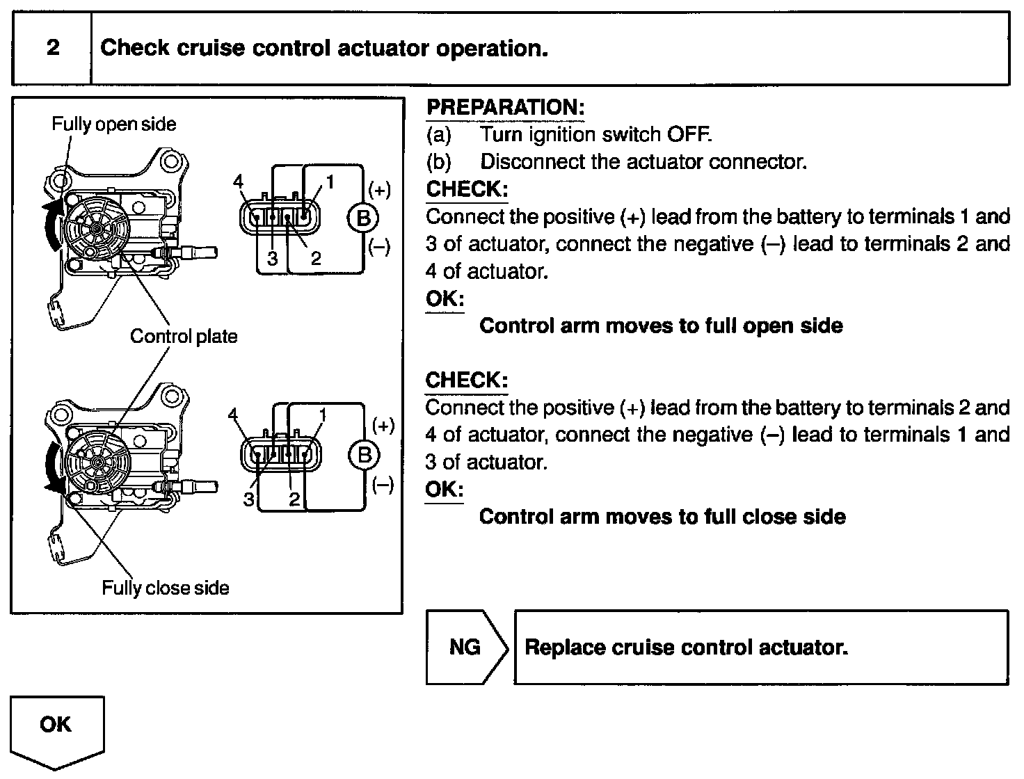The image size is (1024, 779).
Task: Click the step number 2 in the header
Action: tap(53, 48)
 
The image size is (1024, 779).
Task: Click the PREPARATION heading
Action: tap(505, 107)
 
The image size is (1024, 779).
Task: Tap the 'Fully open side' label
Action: tap(114, 125)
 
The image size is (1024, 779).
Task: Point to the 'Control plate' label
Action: tap(184, 337)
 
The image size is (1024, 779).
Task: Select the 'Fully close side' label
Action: tap(166, 588)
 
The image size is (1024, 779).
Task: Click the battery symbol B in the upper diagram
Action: tap(362, 218)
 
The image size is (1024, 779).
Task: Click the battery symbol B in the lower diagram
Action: tap(363, 456)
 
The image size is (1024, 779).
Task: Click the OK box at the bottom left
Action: tap(56, 725)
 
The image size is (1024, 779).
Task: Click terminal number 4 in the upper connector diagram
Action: tap(238, 182)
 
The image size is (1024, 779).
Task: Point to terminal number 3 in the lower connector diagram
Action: tap(248, 499)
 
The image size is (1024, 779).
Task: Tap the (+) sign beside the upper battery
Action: tap(380, 190)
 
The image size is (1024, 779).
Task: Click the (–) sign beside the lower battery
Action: tap(383, 485)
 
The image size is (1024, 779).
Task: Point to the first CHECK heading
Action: tap(467, 189)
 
